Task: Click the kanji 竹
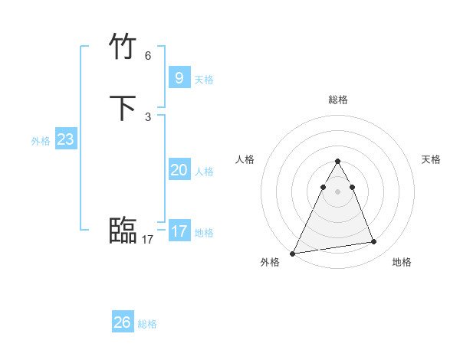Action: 123,47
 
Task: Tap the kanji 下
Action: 123,108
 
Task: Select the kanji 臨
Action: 123,231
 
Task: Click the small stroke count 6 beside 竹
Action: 148,56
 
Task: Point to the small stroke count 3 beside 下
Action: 148,117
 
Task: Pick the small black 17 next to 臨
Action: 147,240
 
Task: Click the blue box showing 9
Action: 179,77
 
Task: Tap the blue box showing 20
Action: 179,169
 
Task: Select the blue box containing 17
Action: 179,231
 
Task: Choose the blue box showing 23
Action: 65,139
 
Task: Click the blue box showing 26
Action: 123,322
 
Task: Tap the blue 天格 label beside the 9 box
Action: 204,80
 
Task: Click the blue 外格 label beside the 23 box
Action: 41,141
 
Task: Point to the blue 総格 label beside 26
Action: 147,325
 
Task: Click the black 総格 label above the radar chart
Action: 338,100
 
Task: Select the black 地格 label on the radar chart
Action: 402,262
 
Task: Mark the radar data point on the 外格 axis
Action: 293,254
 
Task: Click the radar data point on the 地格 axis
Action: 374,242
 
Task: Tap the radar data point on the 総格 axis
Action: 338,162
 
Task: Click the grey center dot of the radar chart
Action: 338,191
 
